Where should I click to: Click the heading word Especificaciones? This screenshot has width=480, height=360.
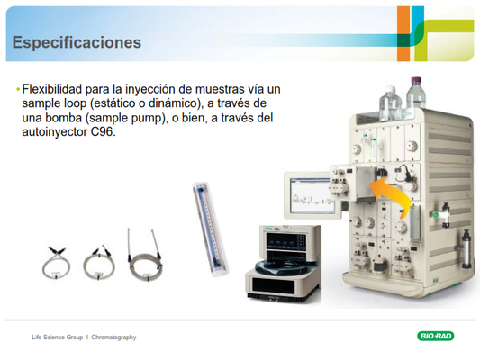77,42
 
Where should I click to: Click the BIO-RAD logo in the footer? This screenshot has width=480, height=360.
435,336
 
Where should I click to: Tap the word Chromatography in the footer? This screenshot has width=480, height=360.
113,337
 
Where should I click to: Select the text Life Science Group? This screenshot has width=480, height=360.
58,337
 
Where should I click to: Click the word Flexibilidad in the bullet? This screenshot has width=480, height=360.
52,89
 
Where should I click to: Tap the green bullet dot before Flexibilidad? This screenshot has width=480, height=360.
18,90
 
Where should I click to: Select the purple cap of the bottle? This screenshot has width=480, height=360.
416,80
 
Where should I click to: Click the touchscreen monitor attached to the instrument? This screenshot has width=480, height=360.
312,195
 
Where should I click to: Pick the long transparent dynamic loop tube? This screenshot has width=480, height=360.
211,229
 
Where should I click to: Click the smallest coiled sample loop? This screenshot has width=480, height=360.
56,264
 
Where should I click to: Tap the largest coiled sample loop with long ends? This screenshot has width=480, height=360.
145,256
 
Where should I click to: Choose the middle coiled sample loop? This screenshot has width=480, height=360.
99,263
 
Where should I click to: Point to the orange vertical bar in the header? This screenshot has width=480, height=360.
403,33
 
